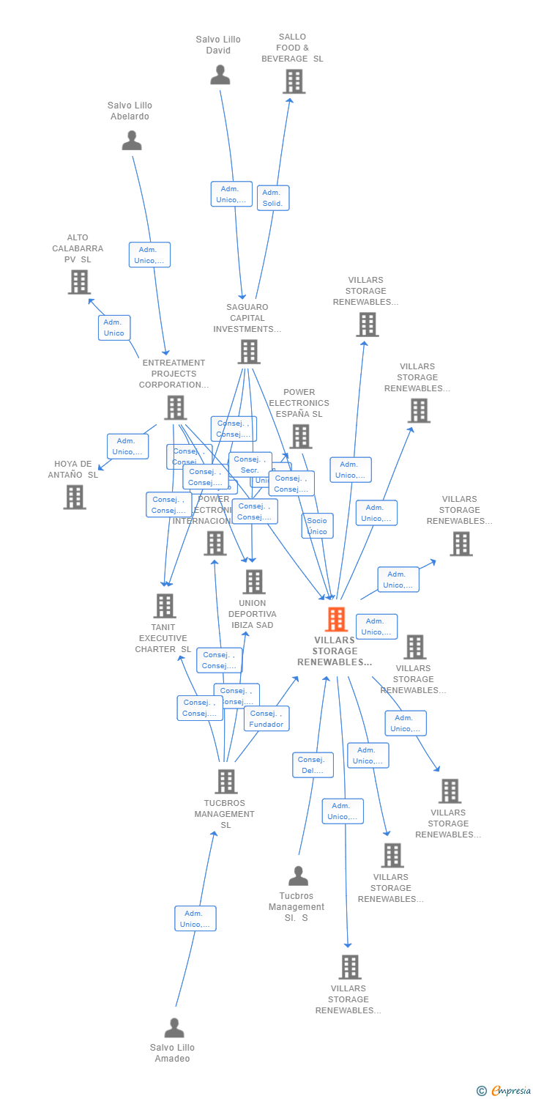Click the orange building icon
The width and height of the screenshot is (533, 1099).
(336, 620)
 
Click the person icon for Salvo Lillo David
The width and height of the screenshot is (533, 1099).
(220, 75)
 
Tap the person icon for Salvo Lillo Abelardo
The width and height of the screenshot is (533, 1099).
(132, 141)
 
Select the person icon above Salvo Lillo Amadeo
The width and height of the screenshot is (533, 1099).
(174, 1028)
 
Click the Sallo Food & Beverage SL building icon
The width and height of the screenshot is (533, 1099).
(294, 81)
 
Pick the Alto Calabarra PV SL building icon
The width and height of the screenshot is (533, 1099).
(79, 282)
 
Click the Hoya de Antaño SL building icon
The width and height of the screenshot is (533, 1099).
(74, 497)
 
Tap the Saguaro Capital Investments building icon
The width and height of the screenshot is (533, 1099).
(249, 352)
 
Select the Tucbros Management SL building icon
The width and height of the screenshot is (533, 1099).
(226, 782)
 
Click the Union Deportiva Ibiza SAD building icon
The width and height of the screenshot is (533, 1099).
(253, 582)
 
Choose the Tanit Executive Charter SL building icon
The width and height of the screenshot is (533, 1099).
(165, 606)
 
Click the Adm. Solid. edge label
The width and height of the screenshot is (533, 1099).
(273, 198)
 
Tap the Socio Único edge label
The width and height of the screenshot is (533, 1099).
(317, 526)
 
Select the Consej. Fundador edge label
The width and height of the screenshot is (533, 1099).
(266, 719)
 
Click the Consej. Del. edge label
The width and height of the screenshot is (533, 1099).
(313, 765)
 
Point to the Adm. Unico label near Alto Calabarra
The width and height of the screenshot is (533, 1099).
(114, 328)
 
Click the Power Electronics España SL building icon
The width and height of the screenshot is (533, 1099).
(300, 437)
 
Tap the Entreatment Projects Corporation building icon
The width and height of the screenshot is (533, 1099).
(176, 407)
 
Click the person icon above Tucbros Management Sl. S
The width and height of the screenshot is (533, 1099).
(298, 876)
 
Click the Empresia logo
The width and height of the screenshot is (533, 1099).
(504, 1091)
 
